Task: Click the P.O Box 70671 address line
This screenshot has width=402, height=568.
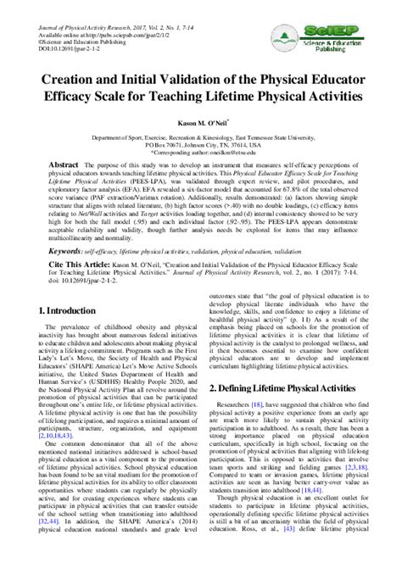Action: (x=200, y=143)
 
